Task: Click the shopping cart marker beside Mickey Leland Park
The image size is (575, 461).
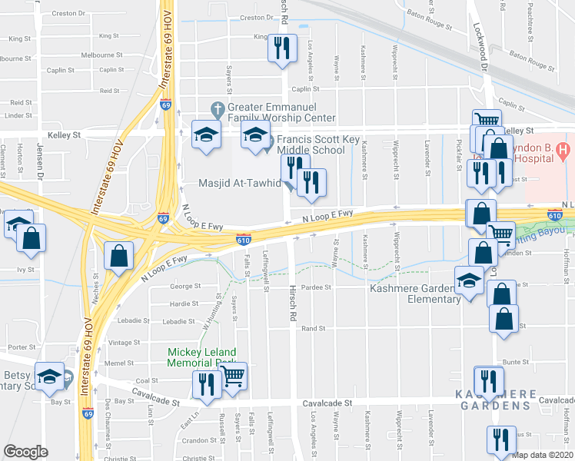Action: [x=232, y=376]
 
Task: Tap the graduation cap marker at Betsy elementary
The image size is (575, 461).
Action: [x=50, y=376]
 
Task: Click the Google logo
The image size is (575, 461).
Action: [x=25, y=452]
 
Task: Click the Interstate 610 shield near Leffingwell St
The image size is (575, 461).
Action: [x=244, y=240]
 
